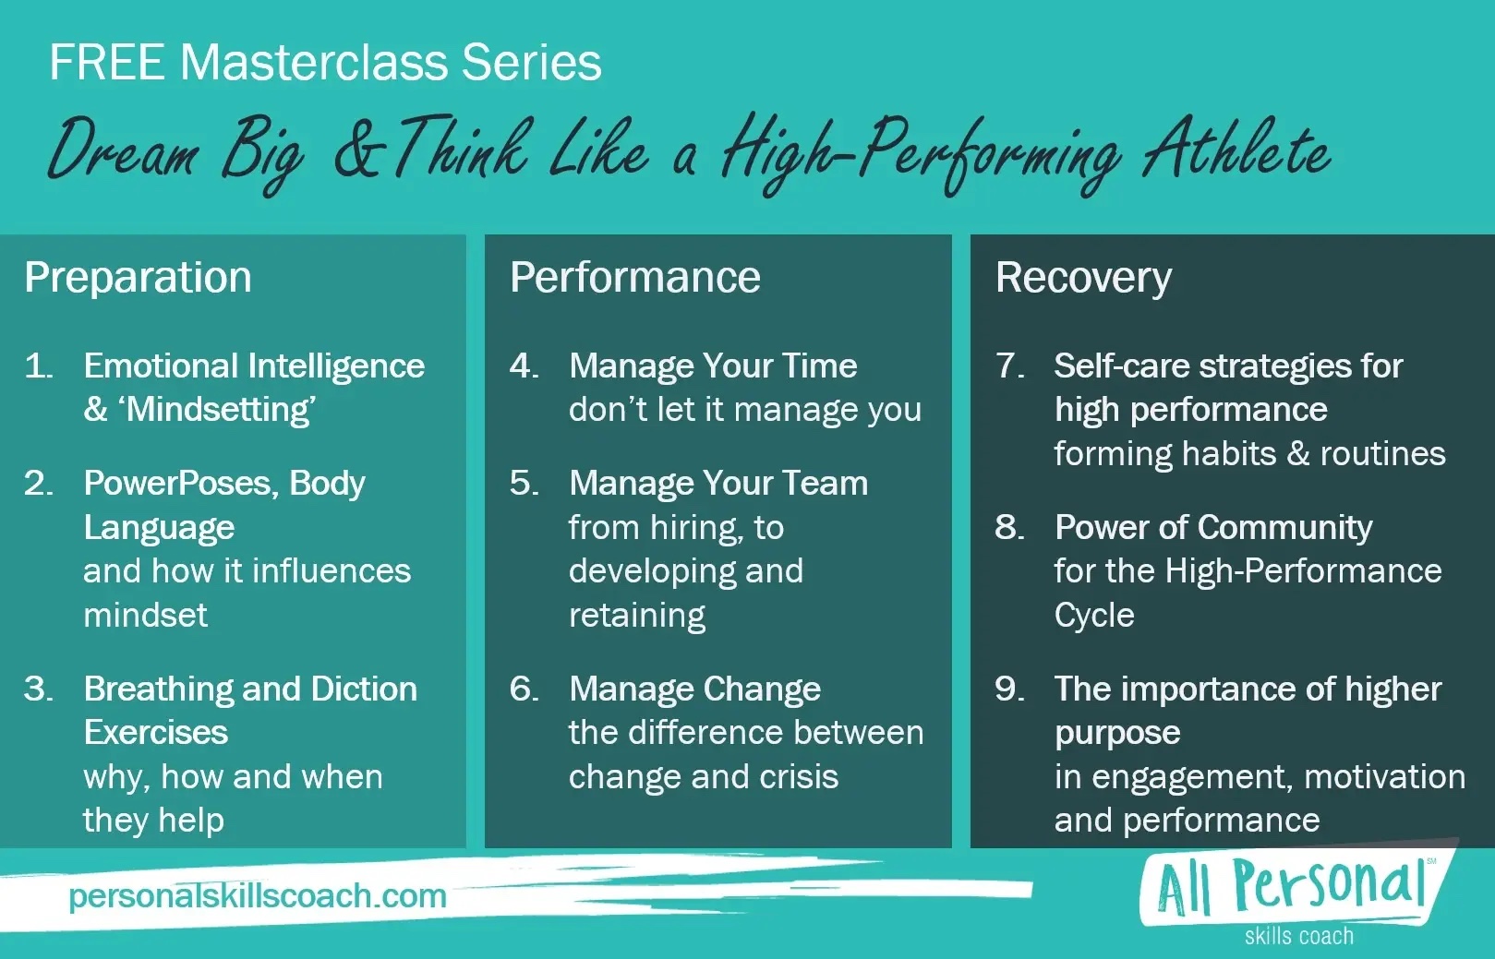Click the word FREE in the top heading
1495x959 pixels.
coord(107,63)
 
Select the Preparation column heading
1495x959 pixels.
coord(139,277)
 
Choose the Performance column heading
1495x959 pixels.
coord(634,277)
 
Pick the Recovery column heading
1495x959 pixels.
coord(1083,278)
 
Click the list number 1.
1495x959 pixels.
coord(39,366)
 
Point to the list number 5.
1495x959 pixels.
coord(524,483)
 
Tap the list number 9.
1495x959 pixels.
coord(1010,689)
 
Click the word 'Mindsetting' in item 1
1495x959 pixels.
coord(221,409)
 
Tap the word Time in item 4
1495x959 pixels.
coord(819,366)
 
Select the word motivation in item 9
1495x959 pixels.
coord(1385,777)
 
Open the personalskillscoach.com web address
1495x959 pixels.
coord(258,895)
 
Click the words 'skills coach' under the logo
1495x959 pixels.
coord(1299,936)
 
